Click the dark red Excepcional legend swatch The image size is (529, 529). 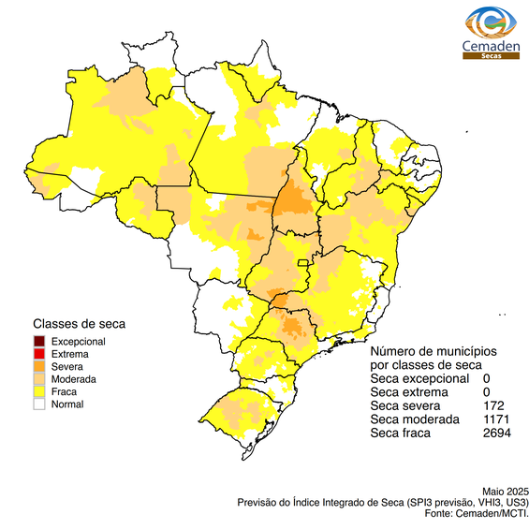click(39, 342)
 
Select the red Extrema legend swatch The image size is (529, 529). click(39, 354)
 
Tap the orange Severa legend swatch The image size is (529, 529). click(39, 367)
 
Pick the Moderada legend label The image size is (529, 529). click(74, 379)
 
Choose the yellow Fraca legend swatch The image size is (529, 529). click(39, 392)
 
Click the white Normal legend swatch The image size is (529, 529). click(39, 404)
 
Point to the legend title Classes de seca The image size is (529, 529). click(79, 324)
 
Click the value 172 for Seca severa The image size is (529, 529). click(494, 405)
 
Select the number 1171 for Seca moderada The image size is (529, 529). click(497, 419)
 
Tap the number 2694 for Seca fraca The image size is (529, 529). click(497, 433)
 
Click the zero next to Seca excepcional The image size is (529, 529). click(487, 378)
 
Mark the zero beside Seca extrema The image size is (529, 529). click(487, 391)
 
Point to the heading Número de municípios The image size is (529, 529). click(433, 350)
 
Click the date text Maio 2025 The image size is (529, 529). click(506, 491)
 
